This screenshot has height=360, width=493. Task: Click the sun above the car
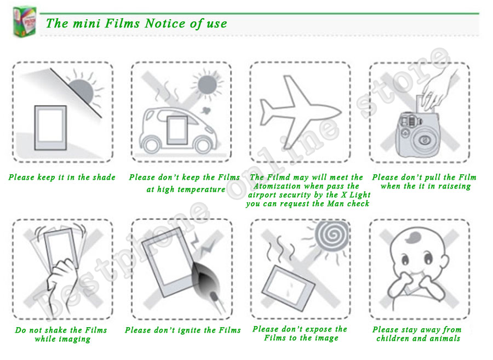[x=207, y=84]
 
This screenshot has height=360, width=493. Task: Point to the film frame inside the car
[x=177, y=130]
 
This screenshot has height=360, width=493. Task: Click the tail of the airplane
[x=267, y=112]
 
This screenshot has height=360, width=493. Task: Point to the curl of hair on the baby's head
[x=414, y=237]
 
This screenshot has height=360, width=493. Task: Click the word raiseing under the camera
[x=455, y=186]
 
